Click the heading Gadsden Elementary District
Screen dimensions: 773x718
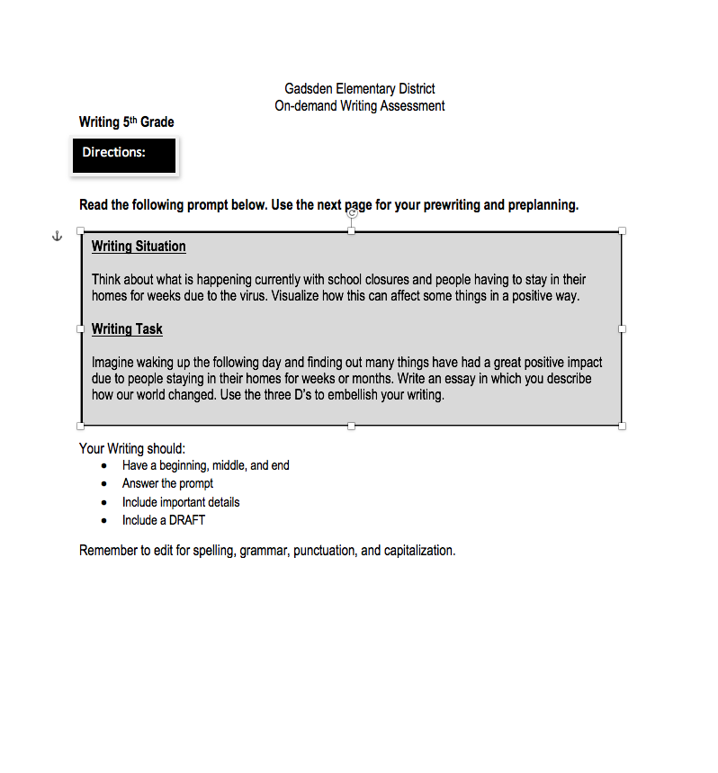pyautogui.click(x=359, y=89)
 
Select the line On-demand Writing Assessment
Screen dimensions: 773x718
pyautogui.click(x=359, y=106)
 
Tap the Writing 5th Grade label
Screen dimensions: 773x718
pyautogui.click(x=127, y=122)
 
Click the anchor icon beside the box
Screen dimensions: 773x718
pyautogui.click(x=56, y=236)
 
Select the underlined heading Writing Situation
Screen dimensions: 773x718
pyautogui.click(x=139, y=247)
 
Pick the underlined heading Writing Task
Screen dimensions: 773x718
pyautogui.click(x=127, y=329)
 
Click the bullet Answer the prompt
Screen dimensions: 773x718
pyautogui.click(x=167, y=484)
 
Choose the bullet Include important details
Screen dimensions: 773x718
pyautogui.click(x=181, y=502)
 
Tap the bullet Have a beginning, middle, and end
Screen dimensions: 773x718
pyautogui.click(x=205, y=466)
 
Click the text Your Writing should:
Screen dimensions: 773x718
pyautogui.click(x=132, y=448)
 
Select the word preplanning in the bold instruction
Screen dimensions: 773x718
pyautogui.click(x=543, y=205)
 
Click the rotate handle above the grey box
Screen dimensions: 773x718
pyautogui.click(x=352, y=213)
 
